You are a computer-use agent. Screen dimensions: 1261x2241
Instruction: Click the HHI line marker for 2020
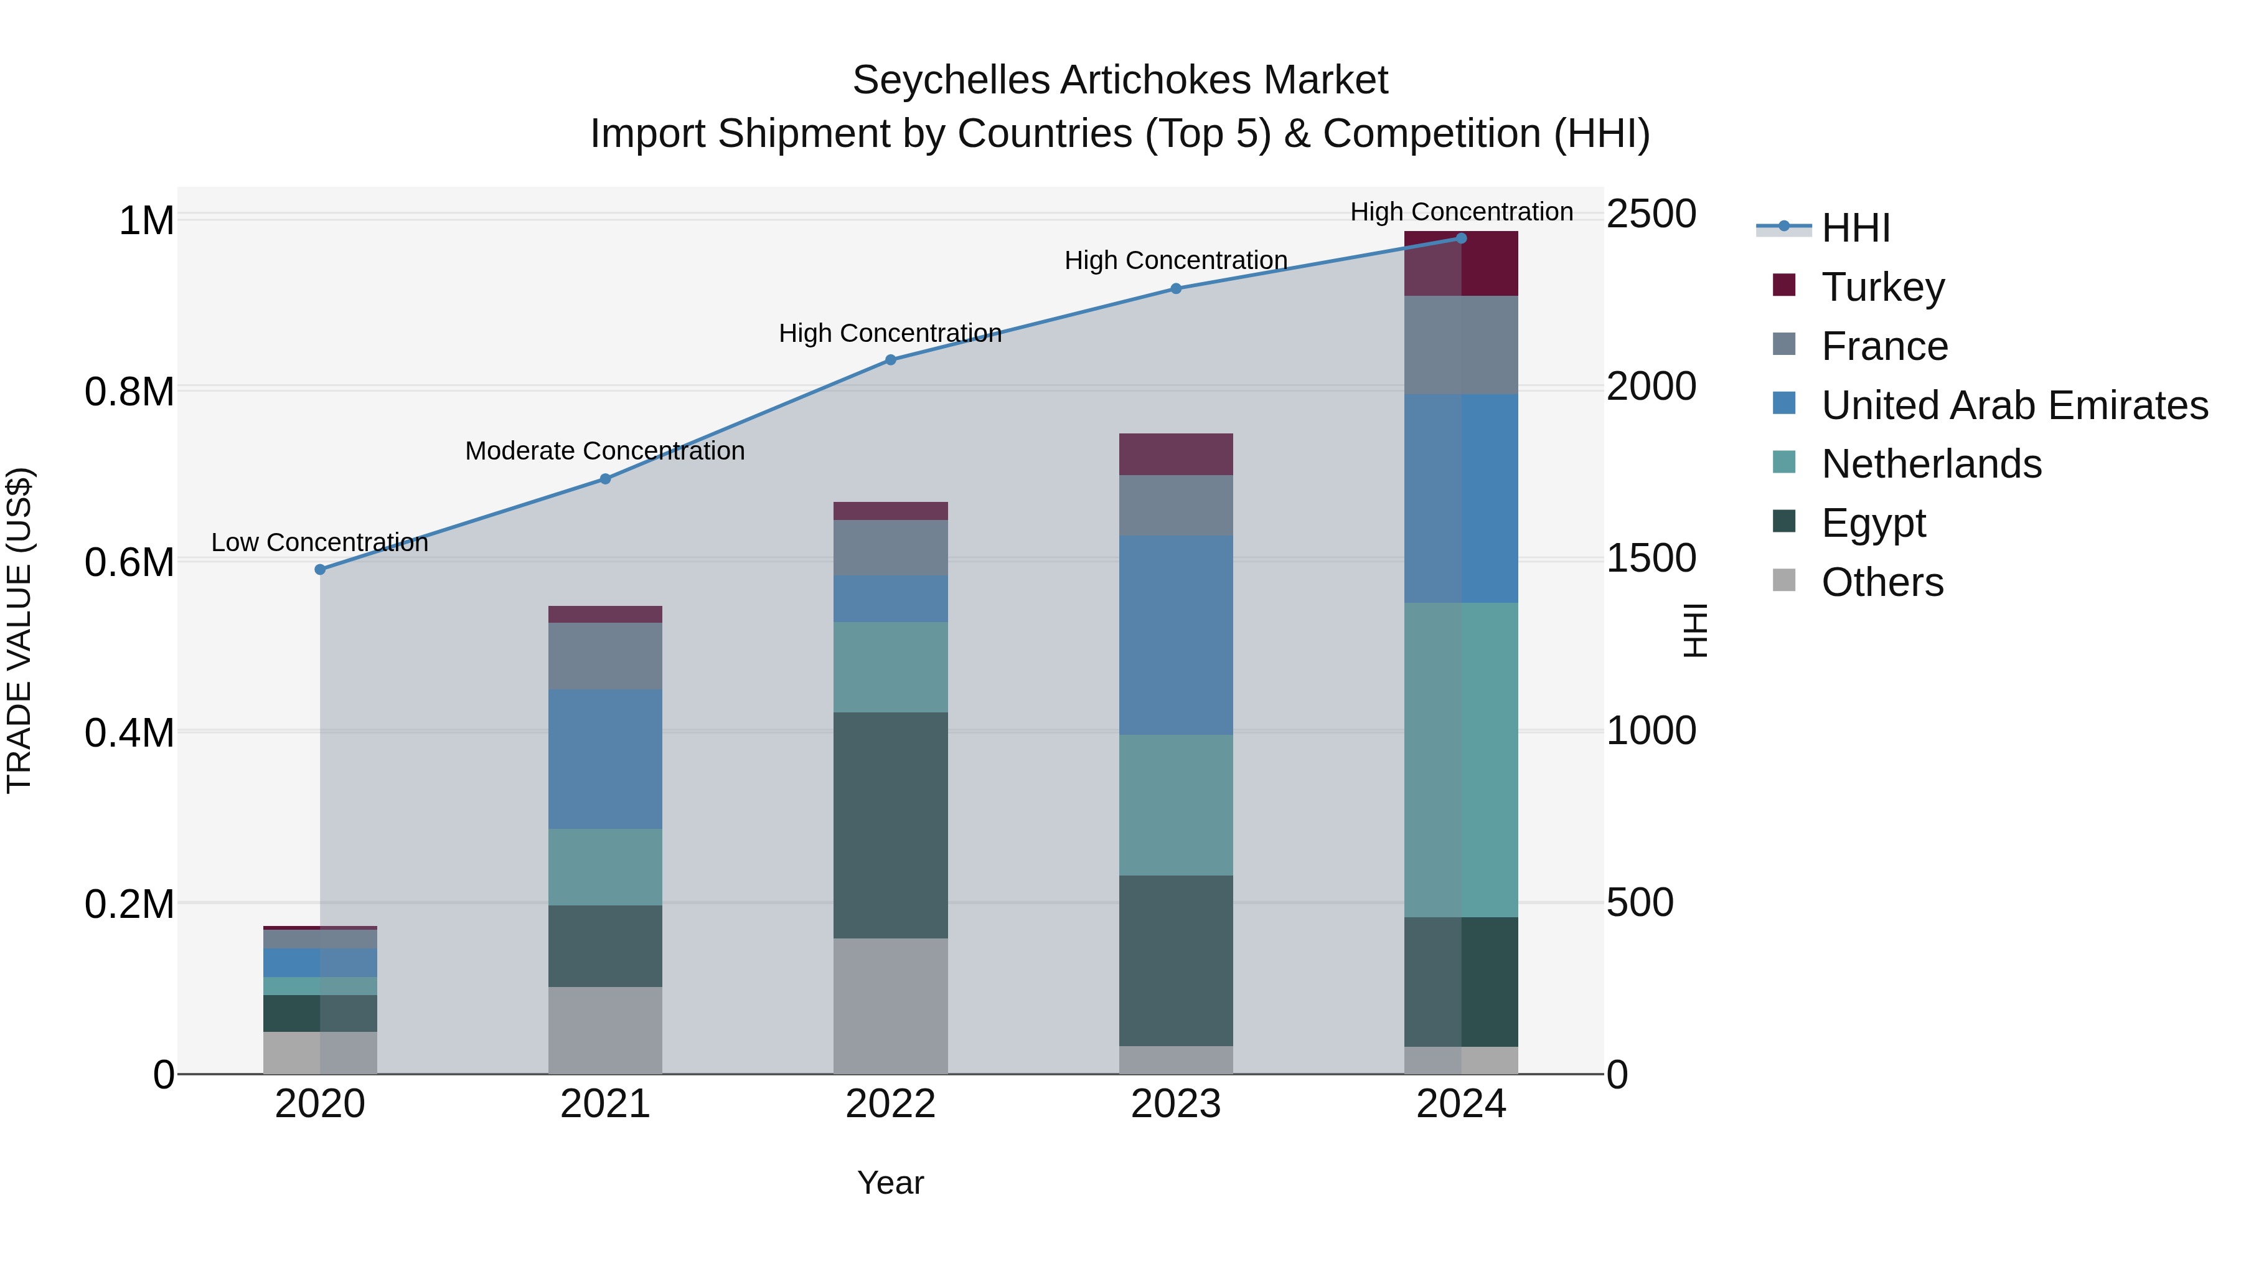(x=320, y=569)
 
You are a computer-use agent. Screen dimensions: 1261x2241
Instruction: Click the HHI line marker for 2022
(x=891, y=359)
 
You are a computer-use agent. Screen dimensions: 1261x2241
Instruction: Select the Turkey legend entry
(x=1882, y=287)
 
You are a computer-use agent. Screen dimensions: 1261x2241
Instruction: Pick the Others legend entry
(x=1882, y=582)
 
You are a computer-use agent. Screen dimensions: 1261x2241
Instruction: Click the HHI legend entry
(x=1855, y=228)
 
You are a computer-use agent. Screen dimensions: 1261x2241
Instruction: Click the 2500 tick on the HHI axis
(x=1650, y=214)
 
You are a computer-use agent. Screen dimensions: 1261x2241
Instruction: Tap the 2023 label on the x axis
(x=1175, y=1104)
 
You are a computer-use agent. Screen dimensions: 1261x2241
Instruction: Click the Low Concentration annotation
(x=319, y=542)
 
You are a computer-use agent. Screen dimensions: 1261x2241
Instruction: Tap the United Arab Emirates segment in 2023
(x=1175, y=635)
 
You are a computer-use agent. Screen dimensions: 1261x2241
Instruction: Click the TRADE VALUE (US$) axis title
(x=19, y=630)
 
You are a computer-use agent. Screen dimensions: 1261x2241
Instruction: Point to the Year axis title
(x=890, y=1183)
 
